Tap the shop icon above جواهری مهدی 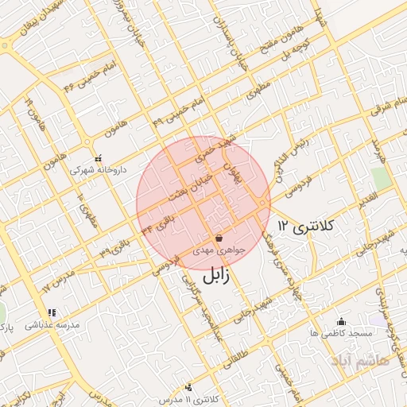[x=219, y=238]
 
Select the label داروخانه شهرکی [x=93, y=169]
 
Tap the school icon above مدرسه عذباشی [x=52, y=313]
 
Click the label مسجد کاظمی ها [x=343, y=334]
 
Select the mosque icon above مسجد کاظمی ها [x=342, y=322]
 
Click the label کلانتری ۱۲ [x=307, y=227]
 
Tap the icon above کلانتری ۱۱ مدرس [x=188, y=387]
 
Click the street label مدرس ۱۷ [x=58, y=278]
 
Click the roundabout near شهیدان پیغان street [x=6, y=45]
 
